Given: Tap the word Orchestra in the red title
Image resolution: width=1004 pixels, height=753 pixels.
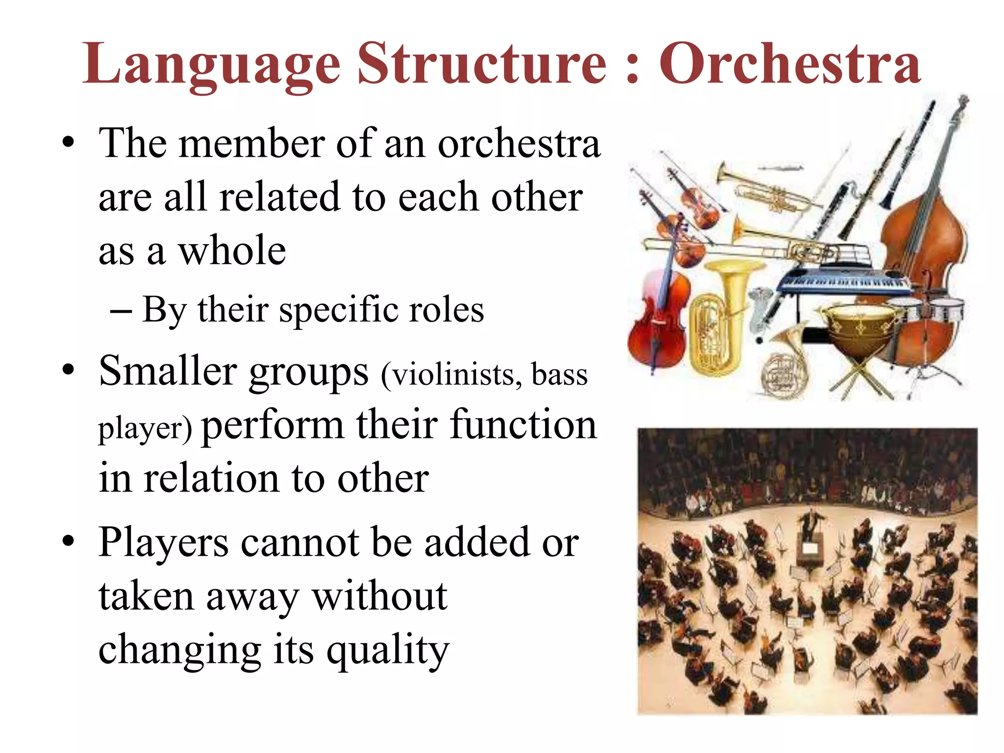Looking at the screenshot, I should click(789, 64).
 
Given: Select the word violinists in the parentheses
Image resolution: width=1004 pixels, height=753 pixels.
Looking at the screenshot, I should click(452, 375).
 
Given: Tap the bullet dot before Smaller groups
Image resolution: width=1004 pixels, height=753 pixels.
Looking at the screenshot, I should click(68, 370).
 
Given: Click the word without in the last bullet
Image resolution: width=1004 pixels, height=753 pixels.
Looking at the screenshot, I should click(380, 597).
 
